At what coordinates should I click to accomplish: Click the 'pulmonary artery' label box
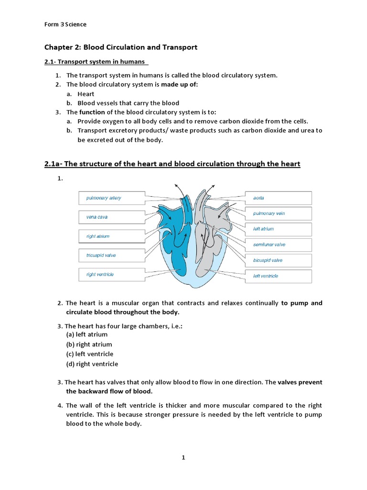tap(111, 198)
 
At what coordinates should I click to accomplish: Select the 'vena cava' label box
tap(111, 217)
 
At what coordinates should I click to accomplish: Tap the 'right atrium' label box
tap(111, 236)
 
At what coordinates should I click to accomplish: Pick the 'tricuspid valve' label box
tap(111, 256)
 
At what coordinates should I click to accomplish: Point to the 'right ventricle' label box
tap(111, 275)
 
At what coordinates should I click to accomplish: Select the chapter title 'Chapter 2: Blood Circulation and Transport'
tap(121, 47)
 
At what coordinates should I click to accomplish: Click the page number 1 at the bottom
tap(183, 457)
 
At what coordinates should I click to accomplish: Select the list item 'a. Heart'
tap(81, 94)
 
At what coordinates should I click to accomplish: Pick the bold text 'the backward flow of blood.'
tap(109, 391)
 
